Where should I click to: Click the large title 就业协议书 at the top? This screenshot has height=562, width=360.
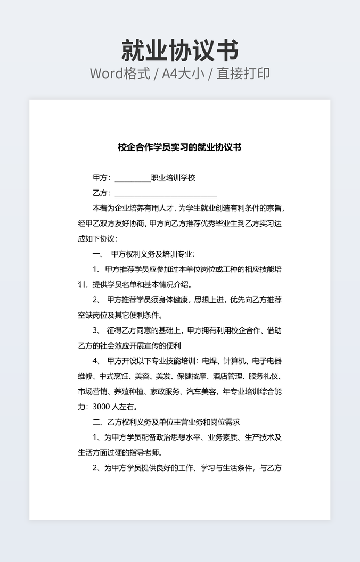(179, 51)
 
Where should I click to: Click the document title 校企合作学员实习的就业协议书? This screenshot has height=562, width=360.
(179, 147)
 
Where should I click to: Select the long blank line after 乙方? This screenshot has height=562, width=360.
(166, 194)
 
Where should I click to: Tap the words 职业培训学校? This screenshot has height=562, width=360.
(173, 178)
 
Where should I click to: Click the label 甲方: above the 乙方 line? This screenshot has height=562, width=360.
(101, 178)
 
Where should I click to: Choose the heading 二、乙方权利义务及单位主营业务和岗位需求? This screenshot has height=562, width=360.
(166, 422)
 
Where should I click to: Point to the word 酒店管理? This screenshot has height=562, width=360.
(228, 376)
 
